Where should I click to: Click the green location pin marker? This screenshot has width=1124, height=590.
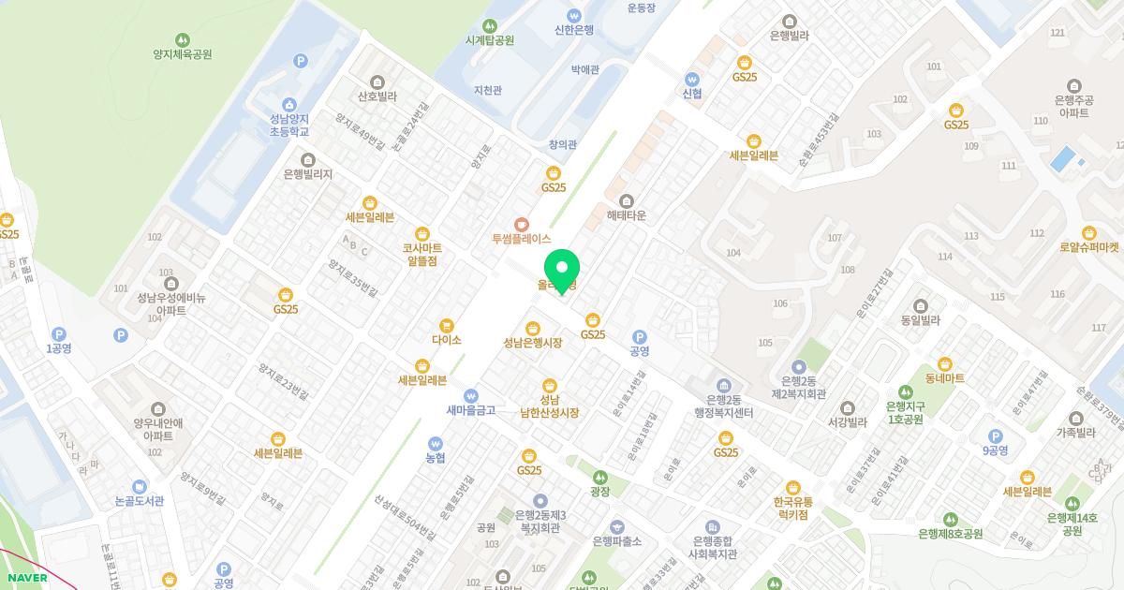point(562,266)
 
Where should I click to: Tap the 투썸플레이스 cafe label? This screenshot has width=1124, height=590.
point(522,238)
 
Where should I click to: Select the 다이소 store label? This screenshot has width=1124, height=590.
point(447,340)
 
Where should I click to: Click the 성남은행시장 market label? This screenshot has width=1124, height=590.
point(532,342)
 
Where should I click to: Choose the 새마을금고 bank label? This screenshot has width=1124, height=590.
point(470,408)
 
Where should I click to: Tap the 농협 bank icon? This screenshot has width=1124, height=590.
point(435,443)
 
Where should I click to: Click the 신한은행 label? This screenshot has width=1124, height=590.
point(573,29)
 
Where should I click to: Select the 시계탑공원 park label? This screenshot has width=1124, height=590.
point(490,40)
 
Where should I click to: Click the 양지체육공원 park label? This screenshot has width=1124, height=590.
point(183,53)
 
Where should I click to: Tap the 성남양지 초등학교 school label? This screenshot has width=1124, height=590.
point(288,125)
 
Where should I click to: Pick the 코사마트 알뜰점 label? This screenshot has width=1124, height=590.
point(422,254)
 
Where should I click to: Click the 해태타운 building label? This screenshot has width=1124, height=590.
point(627,215)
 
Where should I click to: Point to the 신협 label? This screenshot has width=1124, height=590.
point(692,93)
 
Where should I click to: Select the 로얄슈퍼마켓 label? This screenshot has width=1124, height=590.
point(1088,247)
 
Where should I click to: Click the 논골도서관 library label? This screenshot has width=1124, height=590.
point(139,500)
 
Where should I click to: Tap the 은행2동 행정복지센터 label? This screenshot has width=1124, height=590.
point(724,405)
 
